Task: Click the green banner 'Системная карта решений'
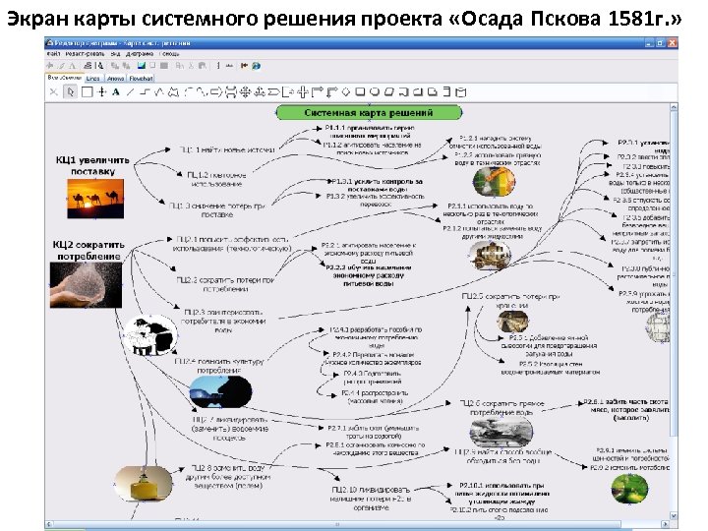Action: tap(369, 113)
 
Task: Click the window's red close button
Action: tap(673, 43)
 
